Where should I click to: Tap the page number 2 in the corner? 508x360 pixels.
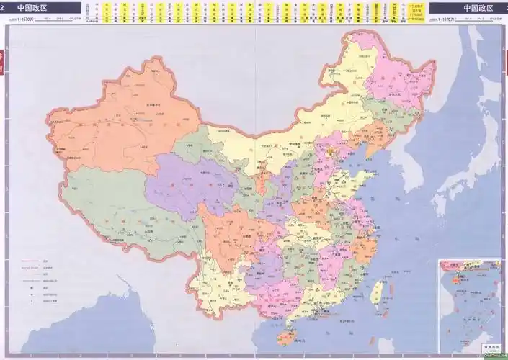(4, 8)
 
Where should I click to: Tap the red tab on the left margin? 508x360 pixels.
(3, 61)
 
